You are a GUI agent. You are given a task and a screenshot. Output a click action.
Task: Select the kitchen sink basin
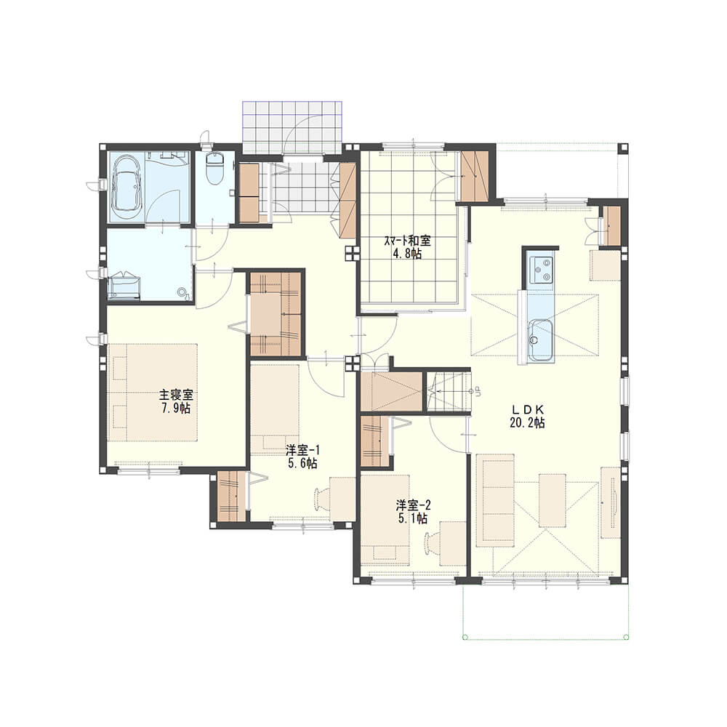pyautogui.click(x=539, y=340)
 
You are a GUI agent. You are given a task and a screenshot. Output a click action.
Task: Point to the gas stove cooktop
pyautogui.click(x=540, y=269)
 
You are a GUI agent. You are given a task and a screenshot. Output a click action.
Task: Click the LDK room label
pyautogui.click(x=527, y=409)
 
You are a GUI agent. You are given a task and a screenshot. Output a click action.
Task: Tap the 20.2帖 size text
pyautogui.click(x=527, y=422)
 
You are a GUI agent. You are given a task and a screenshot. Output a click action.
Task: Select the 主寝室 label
pyautogui.click(x=176, y=395)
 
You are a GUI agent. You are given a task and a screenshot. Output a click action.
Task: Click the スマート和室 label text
pyautogui.click(x=407, y=241)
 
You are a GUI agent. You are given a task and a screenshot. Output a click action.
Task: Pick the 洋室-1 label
pyautogui.click(x=302, y=450)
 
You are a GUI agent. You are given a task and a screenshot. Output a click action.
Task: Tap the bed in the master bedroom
pyautogui.click(x=153, y=393)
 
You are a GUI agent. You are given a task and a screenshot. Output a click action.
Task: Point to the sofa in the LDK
pyautogui.click(x=496, y=500)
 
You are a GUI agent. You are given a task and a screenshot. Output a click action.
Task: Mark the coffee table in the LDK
pyautogui.click(x=553, y=500)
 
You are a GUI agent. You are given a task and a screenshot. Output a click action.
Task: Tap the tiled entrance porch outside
pyautogui.click(x=292, y=126)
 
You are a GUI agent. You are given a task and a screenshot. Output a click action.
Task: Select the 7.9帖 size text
pyautogui.click(x=176, y=408)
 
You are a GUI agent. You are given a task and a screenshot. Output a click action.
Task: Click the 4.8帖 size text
pyautogui.click(x=407, y=254)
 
